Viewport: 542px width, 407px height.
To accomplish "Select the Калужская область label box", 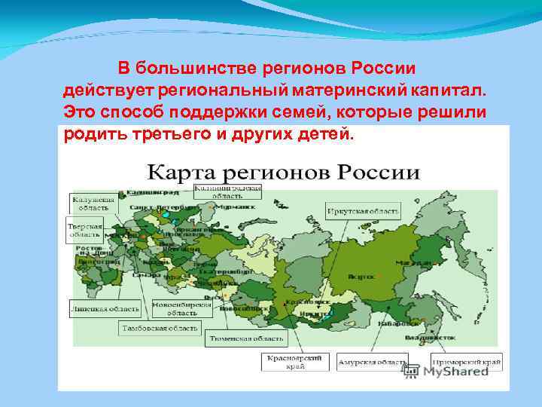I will click(93, 203).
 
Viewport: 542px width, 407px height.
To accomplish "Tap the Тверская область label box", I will click(85, 230).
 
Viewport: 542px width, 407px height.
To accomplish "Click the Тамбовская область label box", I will click(160, 328).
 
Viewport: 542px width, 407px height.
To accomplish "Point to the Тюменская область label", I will click(236, 339).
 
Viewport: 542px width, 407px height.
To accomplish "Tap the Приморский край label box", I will click(466, 363).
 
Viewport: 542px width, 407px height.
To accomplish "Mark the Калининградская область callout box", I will click(227, 191).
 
